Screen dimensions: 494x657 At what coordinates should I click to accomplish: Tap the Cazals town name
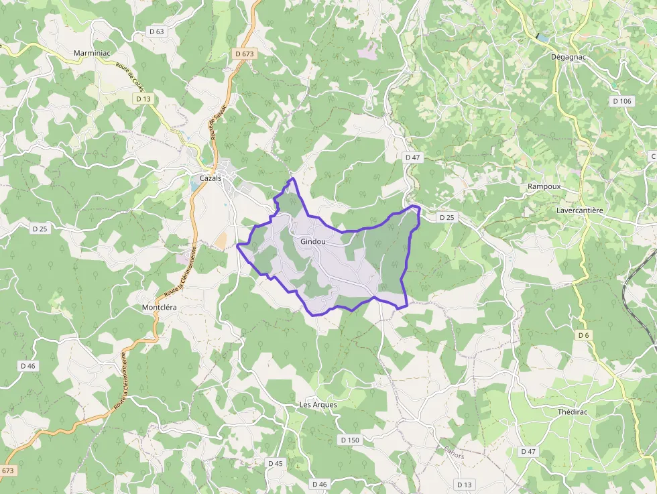point(211,178)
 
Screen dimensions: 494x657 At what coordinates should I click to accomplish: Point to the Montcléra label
point(160,308)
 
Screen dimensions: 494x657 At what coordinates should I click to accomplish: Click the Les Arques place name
point(318,405)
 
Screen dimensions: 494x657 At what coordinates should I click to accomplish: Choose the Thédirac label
point(573,412)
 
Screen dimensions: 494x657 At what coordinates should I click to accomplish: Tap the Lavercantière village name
point(580,210)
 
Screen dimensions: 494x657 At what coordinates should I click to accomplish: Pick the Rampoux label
point(544,186)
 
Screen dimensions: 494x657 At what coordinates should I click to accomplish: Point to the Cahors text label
point(454,453)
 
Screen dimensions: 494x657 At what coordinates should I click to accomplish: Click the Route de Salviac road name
point(219,121)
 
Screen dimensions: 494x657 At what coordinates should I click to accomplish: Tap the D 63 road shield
point(157,32)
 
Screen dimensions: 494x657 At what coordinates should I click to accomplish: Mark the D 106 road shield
point(622,101)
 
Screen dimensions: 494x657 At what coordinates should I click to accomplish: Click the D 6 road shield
point(583,335)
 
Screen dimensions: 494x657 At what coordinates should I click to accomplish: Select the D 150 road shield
point(350,440)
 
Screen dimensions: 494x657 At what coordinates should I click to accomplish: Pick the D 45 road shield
point(276,463)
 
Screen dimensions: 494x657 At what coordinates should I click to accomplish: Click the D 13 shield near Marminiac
point(143,99)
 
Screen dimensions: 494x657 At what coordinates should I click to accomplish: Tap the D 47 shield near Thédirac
point(528,452)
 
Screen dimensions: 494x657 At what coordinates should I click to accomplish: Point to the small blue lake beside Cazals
point(194,186)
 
